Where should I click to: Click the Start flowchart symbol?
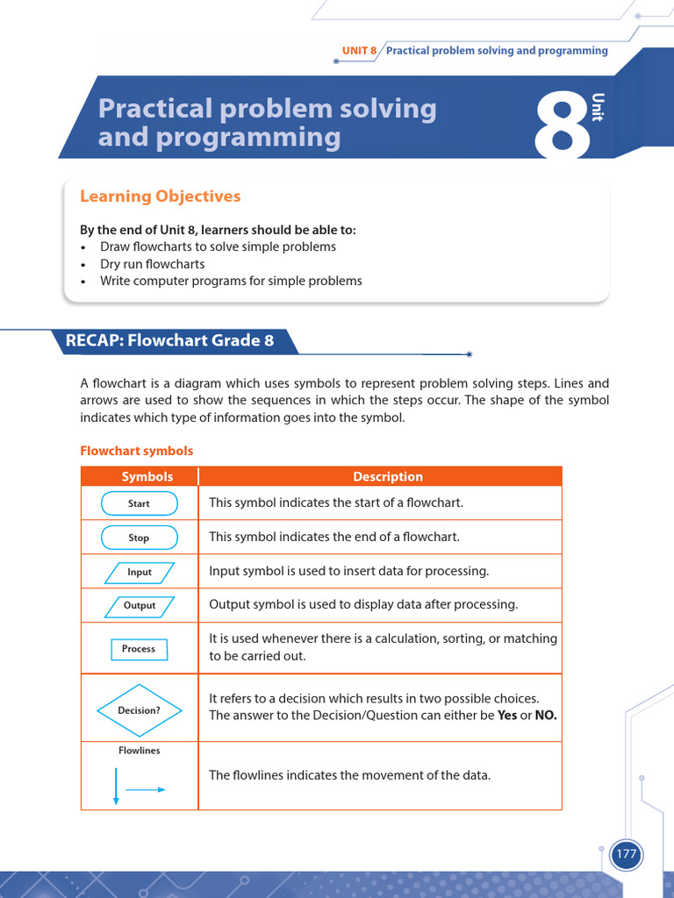[x=140, y=503]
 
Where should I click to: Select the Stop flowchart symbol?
[x=140, y=538]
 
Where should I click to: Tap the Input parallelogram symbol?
[x=140, y=572]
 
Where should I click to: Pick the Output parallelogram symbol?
[x=140, y=605]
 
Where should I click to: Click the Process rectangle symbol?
[x=139, y=649]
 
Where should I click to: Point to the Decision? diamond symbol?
[x=140, y=710]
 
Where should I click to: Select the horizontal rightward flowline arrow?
[x=146, y=789]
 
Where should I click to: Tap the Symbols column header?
[x=147, y=477]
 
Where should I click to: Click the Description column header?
[x=388, y=477]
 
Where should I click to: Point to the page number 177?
[x=626, y=854]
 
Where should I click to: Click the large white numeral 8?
[x=562, y=128]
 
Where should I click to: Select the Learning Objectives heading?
[x=160, y=196]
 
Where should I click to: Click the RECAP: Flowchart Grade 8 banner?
[x=170, y=340]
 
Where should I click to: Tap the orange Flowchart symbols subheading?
[x=137, y=451]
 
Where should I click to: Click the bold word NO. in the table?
[x=546, y=715]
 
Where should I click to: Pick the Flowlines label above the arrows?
[x=140, y=751]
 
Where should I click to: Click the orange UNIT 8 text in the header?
[x=359, y=51]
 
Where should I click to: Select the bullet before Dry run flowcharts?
[x=82, y=265]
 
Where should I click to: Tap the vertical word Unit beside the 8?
[x=598, y=107]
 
